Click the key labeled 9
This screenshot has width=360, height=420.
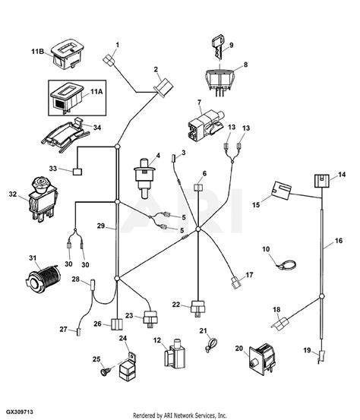[x=218, y=48]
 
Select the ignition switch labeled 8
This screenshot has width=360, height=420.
[x=220, y=81]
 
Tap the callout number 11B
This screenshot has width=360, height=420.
[x=37, y=51]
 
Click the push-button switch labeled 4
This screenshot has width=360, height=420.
[x=144, y=177]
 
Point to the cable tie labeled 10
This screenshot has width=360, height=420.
[x=286, y=264]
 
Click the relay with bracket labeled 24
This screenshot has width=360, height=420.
[x=128, y=366]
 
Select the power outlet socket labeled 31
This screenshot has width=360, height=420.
[x=43, y=279]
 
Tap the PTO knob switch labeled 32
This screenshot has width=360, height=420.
[x=43, y=199]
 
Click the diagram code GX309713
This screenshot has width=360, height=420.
[x=20, y=412]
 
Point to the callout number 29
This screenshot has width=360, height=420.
[x=101, y=226]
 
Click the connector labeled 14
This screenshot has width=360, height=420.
[x=321, y=181]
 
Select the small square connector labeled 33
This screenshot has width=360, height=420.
[x=77, y=172]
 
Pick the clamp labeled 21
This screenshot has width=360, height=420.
[x=211, y=345]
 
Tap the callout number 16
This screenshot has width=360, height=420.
[x=339, y=241]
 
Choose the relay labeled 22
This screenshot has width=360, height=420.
[x=198, y=308]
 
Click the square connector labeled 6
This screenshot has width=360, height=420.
[x=198, y=187]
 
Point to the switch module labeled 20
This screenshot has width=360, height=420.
[x=263, y=359]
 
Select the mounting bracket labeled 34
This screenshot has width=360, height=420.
[x=65, y=134]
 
